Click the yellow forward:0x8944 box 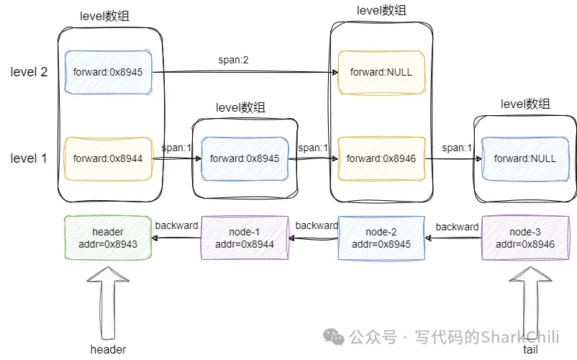(x=108, y=158)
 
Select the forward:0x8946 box (x=382, y=158)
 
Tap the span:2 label (x=233, y=59)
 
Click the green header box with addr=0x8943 (x=108, y=238)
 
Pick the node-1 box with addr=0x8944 (x=245, y=238)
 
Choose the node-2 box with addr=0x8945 (x=382, y=238)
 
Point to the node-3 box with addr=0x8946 (x=525, y=238)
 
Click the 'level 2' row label (x=29, y=72)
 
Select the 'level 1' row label (x=29, y=158)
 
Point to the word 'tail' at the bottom (x=530, y=349)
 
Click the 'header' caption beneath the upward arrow (x=108, y=349)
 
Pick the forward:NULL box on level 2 (x=382, y=72)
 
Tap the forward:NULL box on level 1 (x=525, y=158)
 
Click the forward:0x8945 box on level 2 (x=108, y=72)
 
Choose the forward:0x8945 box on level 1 (x=245, y=158)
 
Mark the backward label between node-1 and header (x=176, y=226)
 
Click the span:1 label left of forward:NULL (x=457, y=148)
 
